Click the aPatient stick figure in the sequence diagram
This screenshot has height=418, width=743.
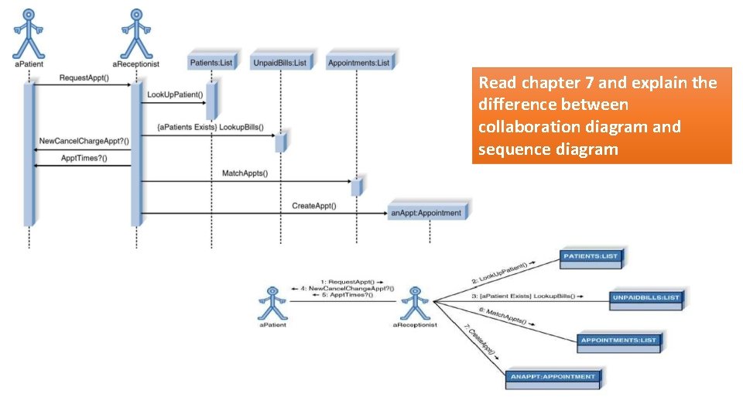coord(29,31)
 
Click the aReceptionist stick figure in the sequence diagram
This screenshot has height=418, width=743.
coord(136,31)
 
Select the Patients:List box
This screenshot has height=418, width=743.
coord(211,62)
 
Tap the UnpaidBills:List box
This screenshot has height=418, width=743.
coord(280,62)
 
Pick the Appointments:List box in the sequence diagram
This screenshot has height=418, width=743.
coord(359,62)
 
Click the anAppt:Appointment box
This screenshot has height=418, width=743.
coord(426,212)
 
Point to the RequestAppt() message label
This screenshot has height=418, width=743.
coord(84,78)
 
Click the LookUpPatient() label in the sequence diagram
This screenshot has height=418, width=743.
coord(175,96)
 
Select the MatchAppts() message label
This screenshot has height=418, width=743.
coord(245,173)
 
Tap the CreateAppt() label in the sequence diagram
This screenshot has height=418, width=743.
coord(313,206)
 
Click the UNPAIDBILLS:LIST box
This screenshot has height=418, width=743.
coord(645,297)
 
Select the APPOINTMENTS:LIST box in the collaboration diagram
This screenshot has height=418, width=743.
coord(618,340)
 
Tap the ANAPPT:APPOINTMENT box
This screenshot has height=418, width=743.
coord(553,377)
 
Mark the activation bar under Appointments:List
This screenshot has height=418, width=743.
coord(356,187)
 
